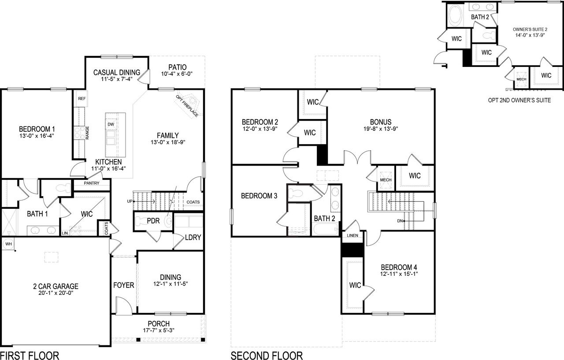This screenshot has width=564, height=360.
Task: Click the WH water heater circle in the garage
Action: coord(8,243)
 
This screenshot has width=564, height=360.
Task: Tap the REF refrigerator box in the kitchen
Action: coord(82,99)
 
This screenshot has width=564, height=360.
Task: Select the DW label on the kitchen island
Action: coord(111,125)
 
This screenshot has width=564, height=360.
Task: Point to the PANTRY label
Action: coord(91,183)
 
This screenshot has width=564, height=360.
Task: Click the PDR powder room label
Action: coord(153,220)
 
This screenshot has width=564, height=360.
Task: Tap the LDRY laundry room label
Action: coord(193,237)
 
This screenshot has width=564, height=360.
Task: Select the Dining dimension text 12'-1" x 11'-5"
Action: coord(171,284)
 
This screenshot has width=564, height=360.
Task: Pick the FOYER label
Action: coord(123,285)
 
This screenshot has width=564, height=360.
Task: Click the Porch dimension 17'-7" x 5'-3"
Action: coord(159,330)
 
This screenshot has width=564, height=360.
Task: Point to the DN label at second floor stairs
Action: coord(400,220)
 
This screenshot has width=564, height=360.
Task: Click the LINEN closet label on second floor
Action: coord(353,236)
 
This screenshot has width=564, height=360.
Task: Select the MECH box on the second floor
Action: coord(386,180)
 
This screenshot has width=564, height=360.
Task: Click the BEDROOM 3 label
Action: coord(259,196)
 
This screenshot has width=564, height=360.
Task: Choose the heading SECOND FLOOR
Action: coord(267,355)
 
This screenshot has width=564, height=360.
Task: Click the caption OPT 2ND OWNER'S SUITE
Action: coord(519,100)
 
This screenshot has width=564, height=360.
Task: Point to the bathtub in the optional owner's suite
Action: coord(455,16)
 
